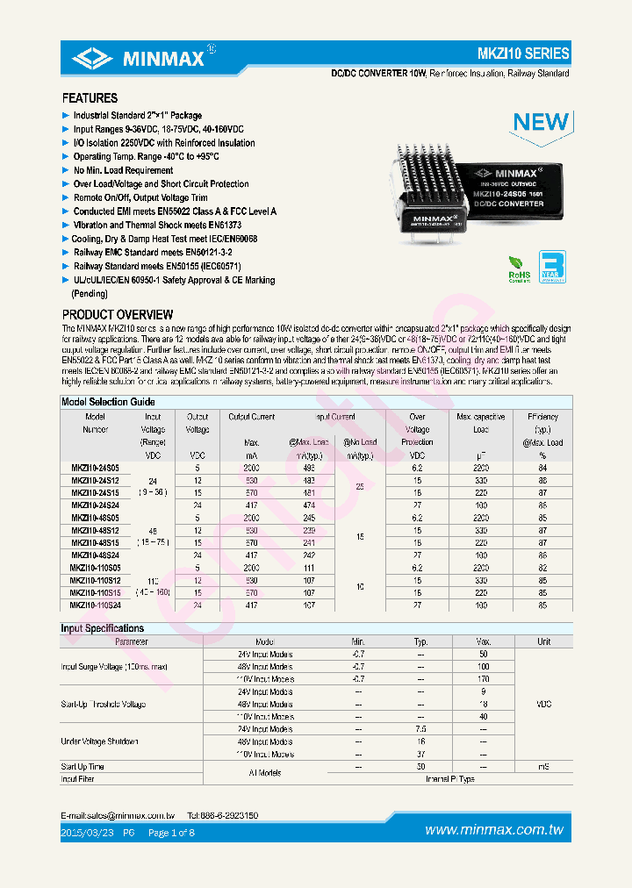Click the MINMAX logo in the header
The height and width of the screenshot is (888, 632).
point(141,59)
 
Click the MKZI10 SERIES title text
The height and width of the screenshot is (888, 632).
point(526,54)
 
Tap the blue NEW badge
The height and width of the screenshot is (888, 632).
point(540,122)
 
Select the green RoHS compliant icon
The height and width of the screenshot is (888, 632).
point(520,267)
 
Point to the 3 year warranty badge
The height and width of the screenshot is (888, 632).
point(551,266)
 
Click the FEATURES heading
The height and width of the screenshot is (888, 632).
point(90,98)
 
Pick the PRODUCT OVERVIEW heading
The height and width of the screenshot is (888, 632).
point(118,314)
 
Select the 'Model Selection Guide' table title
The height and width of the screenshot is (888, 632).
point(108,402)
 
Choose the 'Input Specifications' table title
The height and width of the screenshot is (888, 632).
point(102,628)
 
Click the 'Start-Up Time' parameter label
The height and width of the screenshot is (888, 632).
point(83,767)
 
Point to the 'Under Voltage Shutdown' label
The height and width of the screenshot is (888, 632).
point(99,741)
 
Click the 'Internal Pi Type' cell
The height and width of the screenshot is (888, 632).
point(449,778)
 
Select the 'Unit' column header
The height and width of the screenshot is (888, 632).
point(543,641)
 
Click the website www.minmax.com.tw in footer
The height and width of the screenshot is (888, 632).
point(493,830)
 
